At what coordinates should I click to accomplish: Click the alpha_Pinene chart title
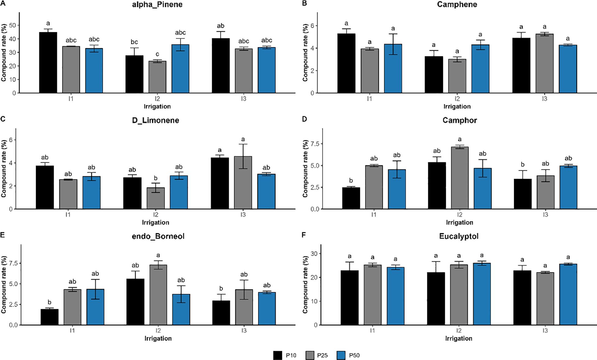pos(157,5)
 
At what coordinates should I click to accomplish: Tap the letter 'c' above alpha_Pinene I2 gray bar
pos(157,55)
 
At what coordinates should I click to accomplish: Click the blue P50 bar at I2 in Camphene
pos(480,69)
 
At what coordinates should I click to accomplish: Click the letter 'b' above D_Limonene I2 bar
pos(156,178)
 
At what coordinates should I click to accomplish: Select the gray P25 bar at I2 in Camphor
pos(459,178)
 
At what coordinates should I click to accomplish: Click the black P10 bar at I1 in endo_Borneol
pos(50,317)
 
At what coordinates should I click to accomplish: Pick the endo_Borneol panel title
pos(158,236)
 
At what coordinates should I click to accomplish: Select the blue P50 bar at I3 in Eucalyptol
pos(568,294)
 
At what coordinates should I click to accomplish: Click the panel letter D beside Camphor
pos(304,119)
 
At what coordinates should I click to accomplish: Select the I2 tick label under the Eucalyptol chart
pos(459,331)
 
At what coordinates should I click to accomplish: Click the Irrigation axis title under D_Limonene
pos(156,222)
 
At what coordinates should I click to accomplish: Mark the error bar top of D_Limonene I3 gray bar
pos(243,144)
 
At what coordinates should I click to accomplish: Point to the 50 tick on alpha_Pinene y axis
pos(13,25)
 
